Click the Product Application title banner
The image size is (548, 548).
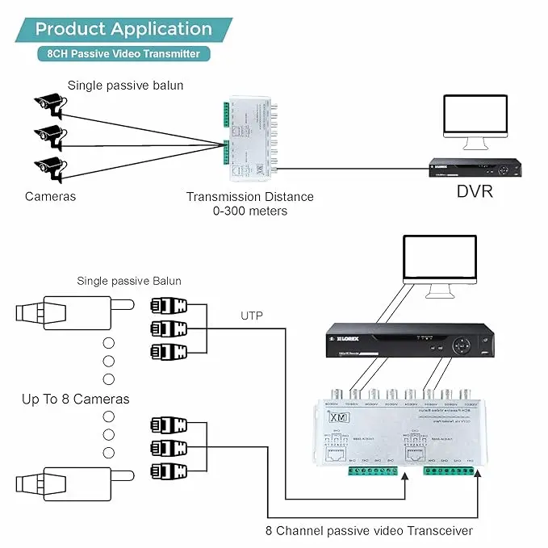tap(123, 30)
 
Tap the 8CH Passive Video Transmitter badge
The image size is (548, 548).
tap(123, 54)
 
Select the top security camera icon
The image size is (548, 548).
tap(49, 102)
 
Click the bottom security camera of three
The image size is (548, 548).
tap(49, 167)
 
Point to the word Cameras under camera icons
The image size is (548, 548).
tap(50, 196)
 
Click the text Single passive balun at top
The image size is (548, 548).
tap(125, 85)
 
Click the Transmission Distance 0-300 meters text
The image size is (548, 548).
tap(249, 203)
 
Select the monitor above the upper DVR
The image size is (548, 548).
tap(475, 121)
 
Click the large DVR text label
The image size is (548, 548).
tap(475, 192)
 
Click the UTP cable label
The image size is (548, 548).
tap(250, 316)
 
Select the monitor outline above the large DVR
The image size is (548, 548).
tap(441, 262)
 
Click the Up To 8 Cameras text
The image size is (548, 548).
tap(76, 399)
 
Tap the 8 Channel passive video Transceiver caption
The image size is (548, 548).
tap(369, 530)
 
